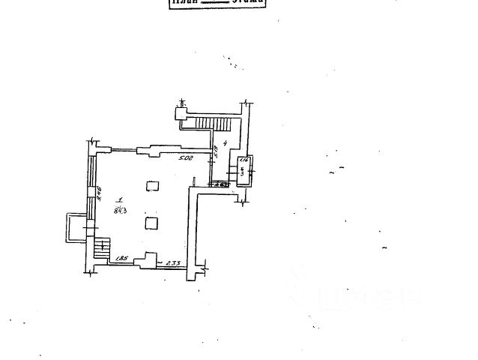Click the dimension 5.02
[x=185, y=158]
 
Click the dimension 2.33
[x=173, y=262]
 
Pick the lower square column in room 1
[x=152, y=222]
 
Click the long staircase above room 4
[x=212, y=122]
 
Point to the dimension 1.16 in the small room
[x=243, y=162]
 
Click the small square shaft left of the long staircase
[x=181, y=113]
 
